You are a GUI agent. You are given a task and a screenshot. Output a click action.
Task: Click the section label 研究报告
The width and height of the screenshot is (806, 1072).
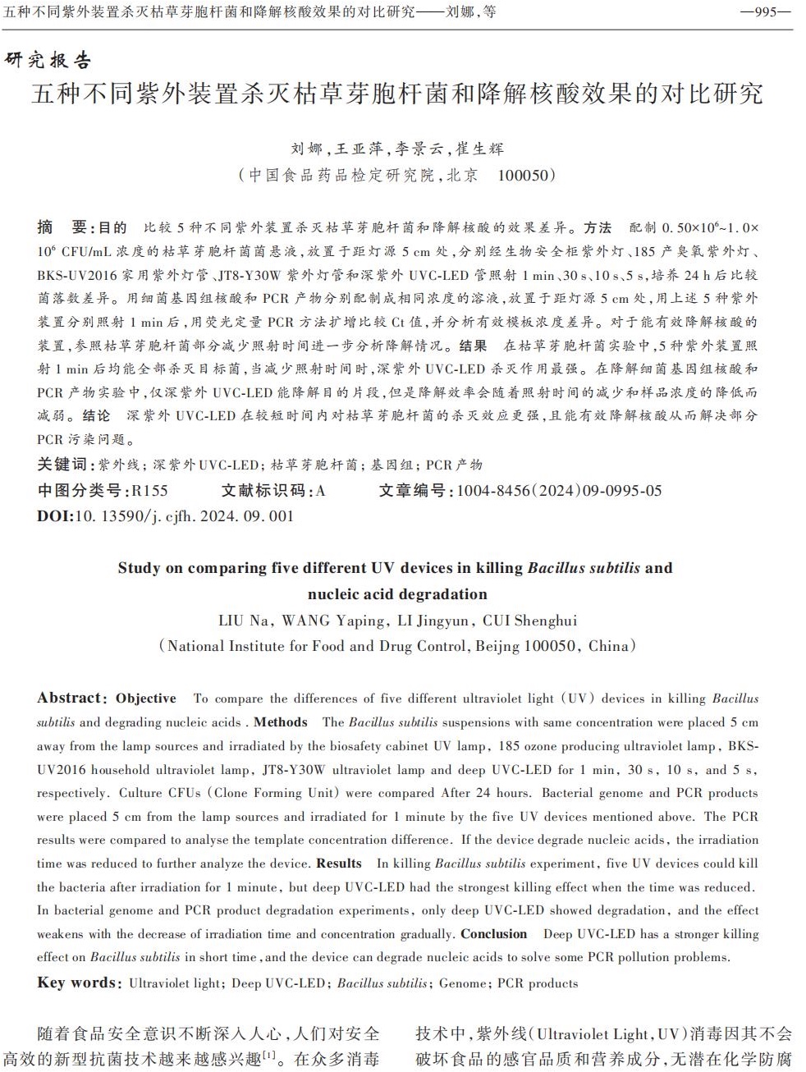[48, 60]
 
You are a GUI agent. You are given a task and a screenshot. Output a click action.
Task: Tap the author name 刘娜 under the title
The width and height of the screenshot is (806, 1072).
[307, 149]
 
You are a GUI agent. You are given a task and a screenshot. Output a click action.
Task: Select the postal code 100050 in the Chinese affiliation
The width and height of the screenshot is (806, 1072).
[526, 175]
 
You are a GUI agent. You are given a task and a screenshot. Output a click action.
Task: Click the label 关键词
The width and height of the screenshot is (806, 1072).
[62, 465]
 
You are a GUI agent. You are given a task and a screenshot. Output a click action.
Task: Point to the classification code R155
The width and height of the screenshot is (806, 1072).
[149, 491]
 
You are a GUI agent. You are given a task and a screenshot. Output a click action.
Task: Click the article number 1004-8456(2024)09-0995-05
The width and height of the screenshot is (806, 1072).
[559, 491]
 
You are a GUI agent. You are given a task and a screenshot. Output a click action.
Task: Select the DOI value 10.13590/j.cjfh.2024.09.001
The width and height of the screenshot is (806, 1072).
[184, 516]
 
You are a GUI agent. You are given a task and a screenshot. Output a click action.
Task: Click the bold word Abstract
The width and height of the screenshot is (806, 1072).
[69, 699]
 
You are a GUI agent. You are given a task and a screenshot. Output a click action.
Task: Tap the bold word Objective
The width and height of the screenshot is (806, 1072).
[146, 699]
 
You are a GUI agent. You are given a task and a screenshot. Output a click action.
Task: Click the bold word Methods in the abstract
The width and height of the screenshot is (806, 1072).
[281, 722]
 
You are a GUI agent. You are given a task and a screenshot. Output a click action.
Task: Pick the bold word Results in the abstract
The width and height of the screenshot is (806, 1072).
[339, 864]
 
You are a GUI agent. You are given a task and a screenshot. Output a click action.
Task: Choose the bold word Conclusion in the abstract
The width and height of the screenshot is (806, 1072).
[494, 934]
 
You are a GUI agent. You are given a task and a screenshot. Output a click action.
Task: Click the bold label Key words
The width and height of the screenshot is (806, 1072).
[77, 983]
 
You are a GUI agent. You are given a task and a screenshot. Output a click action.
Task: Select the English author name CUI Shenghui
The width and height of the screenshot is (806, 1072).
[529, 621]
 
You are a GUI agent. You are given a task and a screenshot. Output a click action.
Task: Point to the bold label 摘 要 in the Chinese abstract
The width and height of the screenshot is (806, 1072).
[62, 227]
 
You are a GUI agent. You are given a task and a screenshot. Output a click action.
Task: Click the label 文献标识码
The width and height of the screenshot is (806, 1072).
[263, 491]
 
